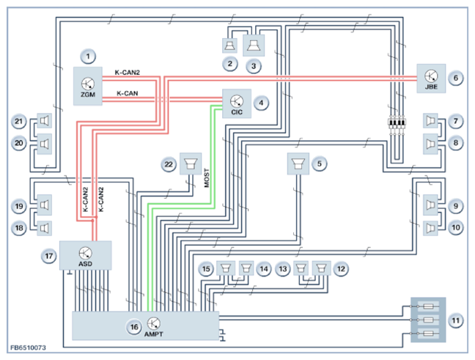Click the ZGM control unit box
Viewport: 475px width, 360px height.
89,86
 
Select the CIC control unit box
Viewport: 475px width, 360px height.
237,103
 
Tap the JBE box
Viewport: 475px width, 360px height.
431,77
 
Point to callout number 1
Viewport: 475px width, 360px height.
89,56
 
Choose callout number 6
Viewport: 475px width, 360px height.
455,77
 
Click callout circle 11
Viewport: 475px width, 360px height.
455,320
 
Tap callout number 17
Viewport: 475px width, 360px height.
50,256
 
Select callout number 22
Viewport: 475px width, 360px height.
169,165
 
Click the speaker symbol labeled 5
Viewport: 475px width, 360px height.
297,164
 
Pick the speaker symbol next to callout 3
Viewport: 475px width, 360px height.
254,45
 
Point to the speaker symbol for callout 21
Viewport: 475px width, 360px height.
44,120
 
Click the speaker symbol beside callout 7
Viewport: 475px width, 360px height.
430,120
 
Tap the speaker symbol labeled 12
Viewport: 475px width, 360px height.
321,268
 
